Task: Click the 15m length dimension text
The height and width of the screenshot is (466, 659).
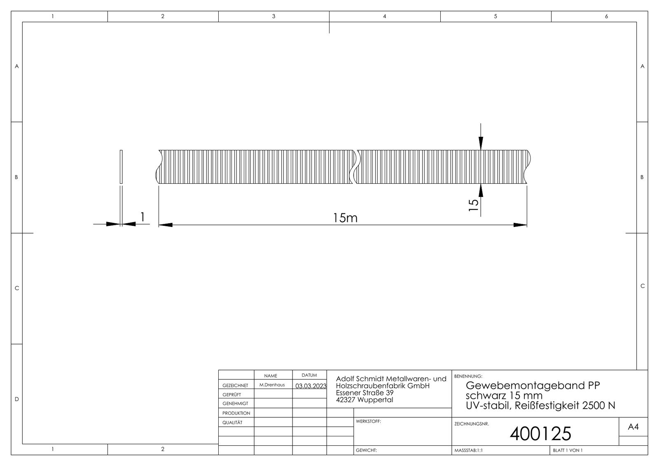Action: (x=345, y=218)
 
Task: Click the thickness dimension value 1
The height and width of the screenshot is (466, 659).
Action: (x=143, y=216)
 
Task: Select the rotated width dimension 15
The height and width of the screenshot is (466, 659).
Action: (x=474, y=205)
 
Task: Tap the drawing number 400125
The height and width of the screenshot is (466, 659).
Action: (x=540, y=433)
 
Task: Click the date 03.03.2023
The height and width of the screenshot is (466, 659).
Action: (x=311, y=386)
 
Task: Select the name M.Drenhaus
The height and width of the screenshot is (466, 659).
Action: (x=272, y=385)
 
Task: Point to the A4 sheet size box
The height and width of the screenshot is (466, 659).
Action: (x=633, y=427)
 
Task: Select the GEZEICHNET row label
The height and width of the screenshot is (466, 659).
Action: (x=235, y=386)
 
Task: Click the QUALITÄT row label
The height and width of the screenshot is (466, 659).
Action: (x=232, y=422)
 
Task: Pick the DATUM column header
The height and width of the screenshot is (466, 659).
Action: (x=309, y=375)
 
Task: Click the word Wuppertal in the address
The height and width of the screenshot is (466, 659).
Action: (x=375, y=400)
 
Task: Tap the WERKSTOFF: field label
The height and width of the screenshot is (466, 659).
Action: (x=368, y=422)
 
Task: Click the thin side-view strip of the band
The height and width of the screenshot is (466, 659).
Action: (x=121, y=166)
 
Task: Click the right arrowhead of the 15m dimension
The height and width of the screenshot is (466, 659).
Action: (x=521, y=225)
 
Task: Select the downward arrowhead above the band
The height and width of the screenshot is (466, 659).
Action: (x=481, y=144)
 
